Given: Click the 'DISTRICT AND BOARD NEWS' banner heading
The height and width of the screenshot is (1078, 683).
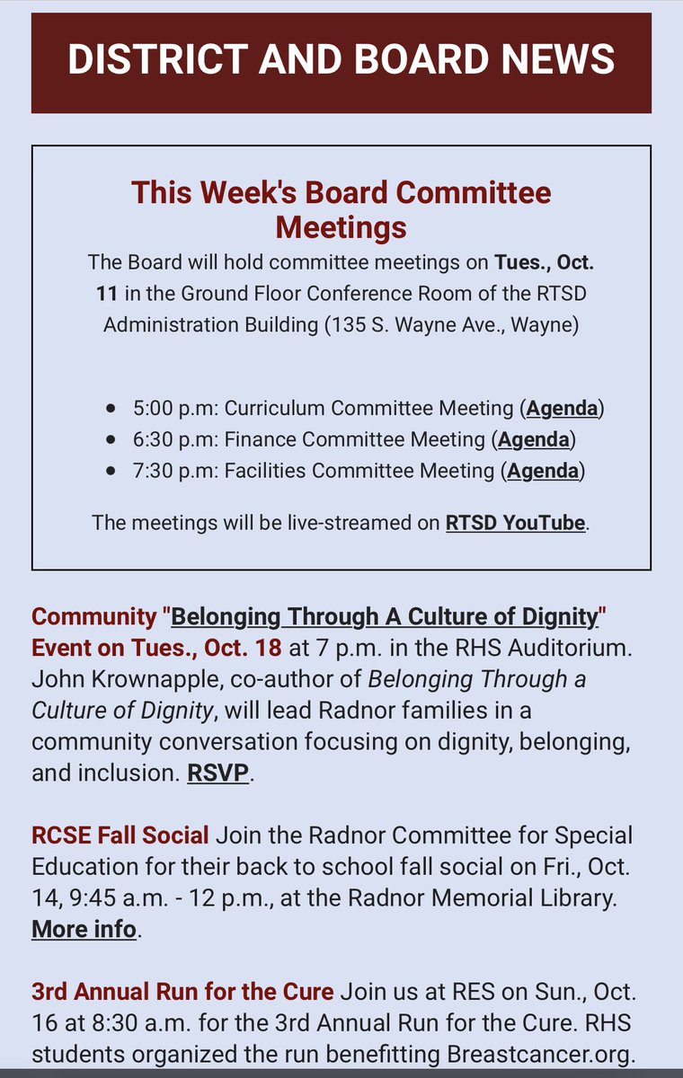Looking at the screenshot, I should coord(341,59).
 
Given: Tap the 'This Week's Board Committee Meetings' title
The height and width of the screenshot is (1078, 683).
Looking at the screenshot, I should coord(341,208).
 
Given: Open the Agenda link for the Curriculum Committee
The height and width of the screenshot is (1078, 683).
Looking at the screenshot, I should coord(562,408).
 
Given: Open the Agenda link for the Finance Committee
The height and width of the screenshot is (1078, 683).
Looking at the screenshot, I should coord(533,439).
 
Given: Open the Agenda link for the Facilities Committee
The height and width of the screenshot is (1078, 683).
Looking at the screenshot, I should coord(543,470).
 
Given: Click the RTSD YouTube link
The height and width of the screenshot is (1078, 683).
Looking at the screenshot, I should coord(515,523).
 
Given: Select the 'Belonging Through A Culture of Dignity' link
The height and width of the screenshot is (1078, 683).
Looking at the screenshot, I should coord(385,617).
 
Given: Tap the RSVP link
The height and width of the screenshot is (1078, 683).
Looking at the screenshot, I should coord(217,773).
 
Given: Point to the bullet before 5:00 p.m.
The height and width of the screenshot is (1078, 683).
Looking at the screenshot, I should coord(111,409).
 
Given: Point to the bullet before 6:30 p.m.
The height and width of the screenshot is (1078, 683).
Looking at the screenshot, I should coord(111,440).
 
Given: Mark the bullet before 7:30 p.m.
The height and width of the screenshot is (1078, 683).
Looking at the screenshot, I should coord(111,471).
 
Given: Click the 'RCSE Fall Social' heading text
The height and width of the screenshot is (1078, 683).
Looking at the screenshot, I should coord(120,835).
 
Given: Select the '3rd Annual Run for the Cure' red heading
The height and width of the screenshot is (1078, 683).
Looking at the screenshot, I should coord(182,992).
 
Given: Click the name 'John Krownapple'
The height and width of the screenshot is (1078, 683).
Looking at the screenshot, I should coord(121,679).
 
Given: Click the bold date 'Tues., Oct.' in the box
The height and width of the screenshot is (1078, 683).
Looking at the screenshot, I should coord(544,262).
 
